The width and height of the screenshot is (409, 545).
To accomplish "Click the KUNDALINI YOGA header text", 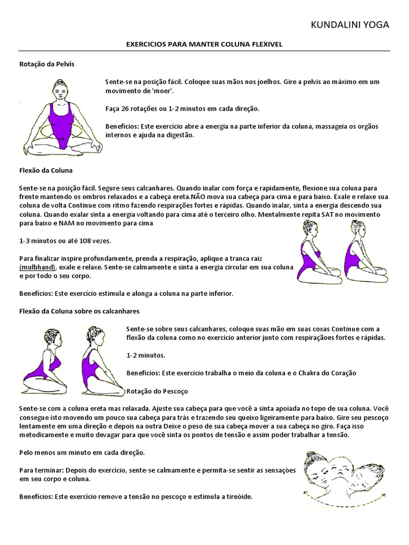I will coord(349,24).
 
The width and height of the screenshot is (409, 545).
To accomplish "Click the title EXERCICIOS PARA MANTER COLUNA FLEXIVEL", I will coord(203,45).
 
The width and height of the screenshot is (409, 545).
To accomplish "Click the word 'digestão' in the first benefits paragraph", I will coord(179,135).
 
